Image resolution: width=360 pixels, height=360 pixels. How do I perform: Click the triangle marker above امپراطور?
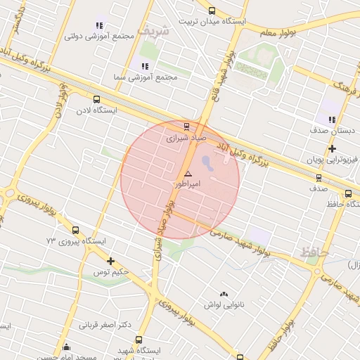pos(188,173)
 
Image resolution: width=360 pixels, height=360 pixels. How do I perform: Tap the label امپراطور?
pos(188,184)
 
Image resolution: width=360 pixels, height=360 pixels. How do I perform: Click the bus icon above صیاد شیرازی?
pos(186,127)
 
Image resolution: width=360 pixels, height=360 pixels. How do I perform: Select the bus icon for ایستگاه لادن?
pos(96,100)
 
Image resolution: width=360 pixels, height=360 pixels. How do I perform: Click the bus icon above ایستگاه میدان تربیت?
pos(212,11)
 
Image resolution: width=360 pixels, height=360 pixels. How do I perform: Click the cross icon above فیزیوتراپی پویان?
pos(332,148)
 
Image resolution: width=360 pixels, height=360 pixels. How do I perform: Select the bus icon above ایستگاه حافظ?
pos(349,193)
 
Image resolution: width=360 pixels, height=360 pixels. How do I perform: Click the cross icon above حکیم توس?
pos(110,262)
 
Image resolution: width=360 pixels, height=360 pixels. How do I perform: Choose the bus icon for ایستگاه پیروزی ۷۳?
pos(76,230)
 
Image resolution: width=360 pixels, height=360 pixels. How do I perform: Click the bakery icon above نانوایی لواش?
pos(224,294)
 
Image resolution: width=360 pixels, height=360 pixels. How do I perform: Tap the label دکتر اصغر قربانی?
pos(105,325)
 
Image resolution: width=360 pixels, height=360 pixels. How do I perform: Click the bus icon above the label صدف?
pos(319,179)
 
